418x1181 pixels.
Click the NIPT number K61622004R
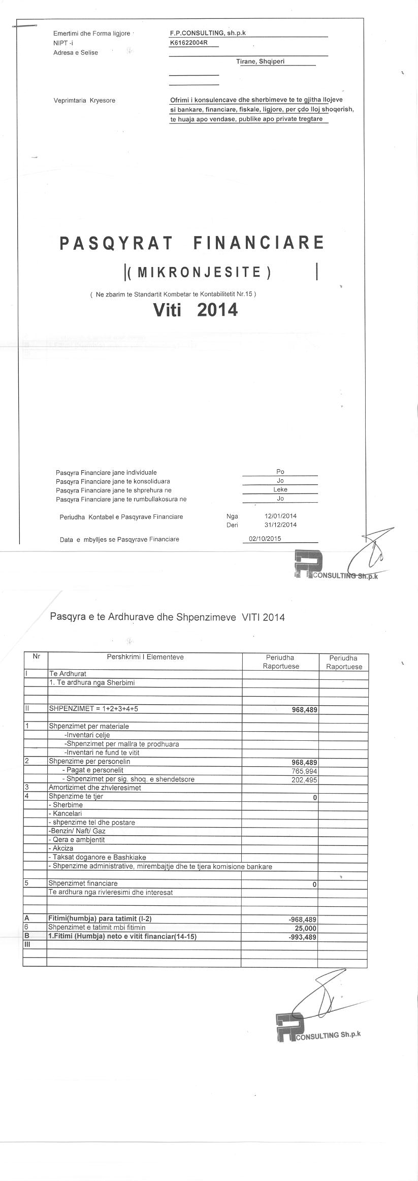[189, 43]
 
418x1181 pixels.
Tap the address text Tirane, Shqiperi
[260, 61]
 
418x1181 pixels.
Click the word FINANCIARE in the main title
[259, 243]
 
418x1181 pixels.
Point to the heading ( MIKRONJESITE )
[199, 273]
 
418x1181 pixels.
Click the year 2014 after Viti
[217, 310]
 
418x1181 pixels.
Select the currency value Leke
[280, 489]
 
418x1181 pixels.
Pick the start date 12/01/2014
[280, 516]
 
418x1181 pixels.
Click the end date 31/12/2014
[280, 524]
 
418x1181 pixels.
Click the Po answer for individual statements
[280, 472]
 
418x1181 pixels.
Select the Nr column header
[36, 656]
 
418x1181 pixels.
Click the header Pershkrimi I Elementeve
[145, 657]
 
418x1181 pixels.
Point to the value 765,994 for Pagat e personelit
[304, 771]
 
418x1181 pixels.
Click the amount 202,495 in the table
[304, 780]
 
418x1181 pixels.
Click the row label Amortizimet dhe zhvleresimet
[94, 788]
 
